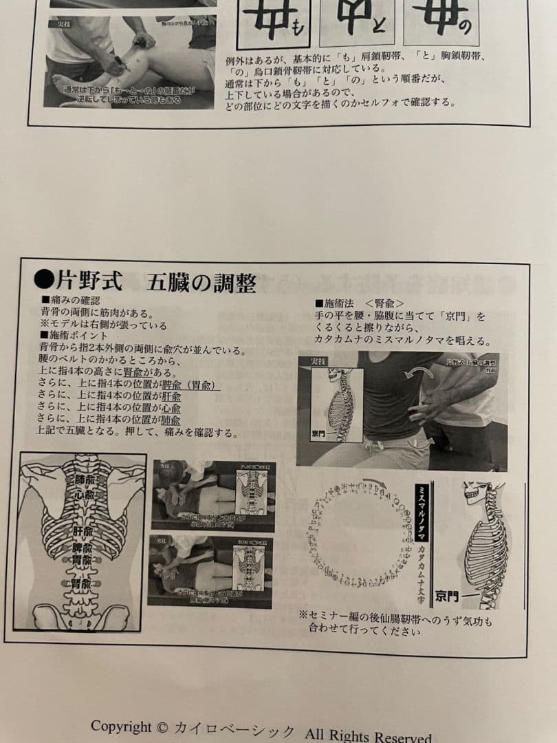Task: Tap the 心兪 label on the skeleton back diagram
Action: [83, 495]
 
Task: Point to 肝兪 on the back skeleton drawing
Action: [83, 532]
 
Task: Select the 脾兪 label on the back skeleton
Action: [83, 550]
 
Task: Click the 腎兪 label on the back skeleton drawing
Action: [80, 583]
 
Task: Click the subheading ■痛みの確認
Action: [71, 301]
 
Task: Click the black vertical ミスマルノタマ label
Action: [421, 512]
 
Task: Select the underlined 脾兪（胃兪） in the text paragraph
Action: [190, 386]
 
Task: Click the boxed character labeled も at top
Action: [273, 21]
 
